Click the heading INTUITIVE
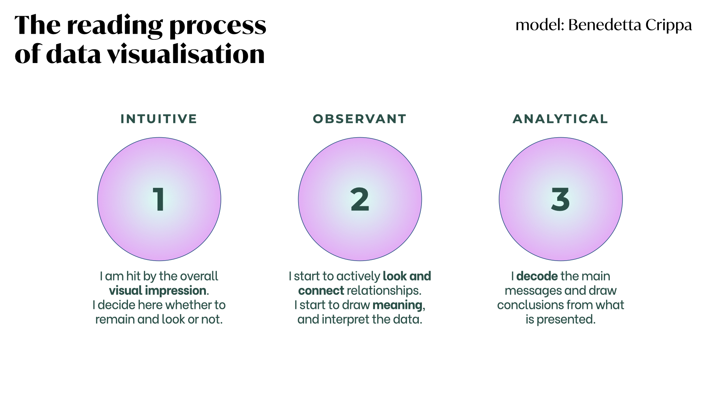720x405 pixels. click(x=159, y=119)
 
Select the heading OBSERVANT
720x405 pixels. click(x=360, y=119)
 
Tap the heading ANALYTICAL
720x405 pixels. click(x=560, y=119)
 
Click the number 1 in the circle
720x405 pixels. click(x=159, y=199)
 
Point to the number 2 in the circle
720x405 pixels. click(x=360, y=199)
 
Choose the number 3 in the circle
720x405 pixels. click(x=560, y=199)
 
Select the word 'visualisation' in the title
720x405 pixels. click(x=186, y=54)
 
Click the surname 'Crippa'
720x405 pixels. click(x=669, y=26)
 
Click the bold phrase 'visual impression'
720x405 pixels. click(x=157, y=291)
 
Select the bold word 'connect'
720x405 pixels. click(x=321, y=291)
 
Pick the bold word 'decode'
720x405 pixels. click(x=537, y=276)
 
